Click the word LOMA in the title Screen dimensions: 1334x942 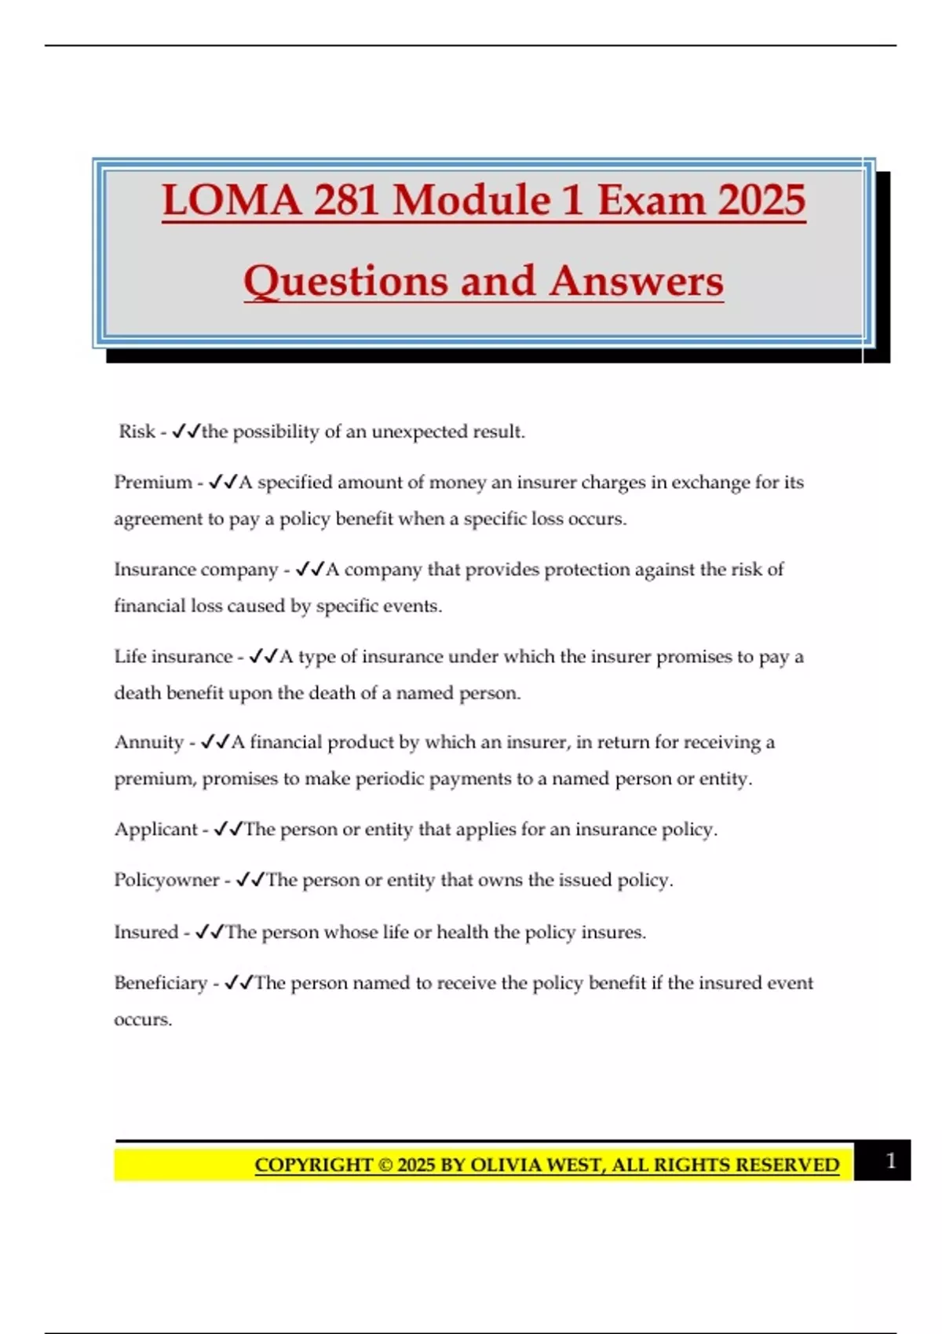[x=232, y=200]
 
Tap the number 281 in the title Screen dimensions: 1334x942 [x=348, y=200]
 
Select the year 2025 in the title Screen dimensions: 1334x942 [x=761, y=200]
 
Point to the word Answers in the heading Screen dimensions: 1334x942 [x=636, y=282]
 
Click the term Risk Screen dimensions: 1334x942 [x=137, y=432]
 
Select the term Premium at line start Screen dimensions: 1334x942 [x=153, y=482]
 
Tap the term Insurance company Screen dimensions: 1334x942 [x=196, y=570]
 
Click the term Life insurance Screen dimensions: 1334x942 [x=173, y=656]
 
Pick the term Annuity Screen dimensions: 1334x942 [x=149, y=742]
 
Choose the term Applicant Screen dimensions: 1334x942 [x=156, y=829]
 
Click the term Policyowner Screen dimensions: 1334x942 [x=166, y=880]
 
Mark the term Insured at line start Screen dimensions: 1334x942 [x=146, y=932]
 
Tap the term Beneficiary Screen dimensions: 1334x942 [x=160, y=983]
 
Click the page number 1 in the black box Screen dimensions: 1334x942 [x=890, y=1161]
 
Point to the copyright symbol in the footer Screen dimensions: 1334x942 [x=385, y=1165]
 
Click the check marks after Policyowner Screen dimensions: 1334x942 [x=250, y=880]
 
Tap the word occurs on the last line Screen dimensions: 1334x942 [x=143, y=1020]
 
